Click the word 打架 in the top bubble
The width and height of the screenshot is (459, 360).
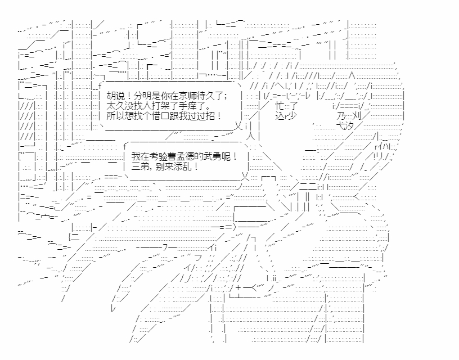(x=165, y=105)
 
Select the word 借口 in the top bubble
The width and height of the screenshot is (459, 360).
(x=166, y=115)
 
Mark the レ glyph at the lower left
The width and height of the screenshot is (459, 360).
(x=113, y=308)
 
